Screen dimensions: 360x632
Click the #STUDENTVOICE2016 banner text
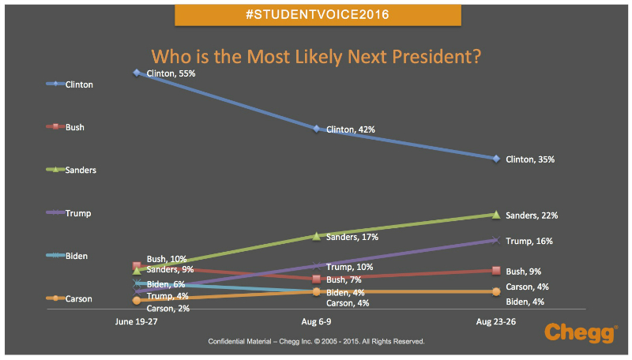[317, 15]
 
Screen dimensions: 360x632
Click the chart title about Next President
[317, 57]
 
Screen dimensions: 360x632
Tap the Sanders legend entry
[71, 170]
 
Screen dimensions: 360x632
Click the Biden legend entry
[68, 256]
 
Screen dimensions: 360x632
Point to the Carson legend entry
[70, 299]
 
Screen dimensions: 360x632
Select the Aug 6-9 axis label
[316, 323]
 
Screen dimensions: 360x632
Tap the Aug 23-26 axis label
[495, 323]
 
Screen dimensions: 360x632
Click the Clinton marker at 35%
[496, 159]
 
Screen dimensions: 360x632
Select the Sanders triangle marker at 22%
[496, 214]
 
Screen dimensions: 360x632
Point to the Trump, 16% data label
[529, 242]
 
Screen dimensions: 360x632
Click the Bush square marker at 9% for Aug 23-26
[496, 271]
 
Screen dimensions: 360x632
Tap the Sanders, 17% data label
[352, 237]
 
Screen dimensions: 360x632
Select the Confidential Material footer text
[316, 342]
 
